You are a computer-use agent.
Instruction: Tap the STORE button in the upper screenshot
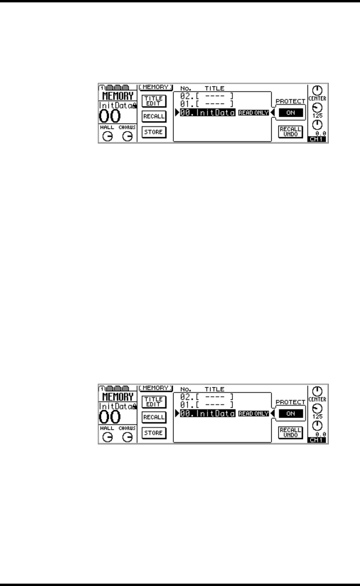point(153,132)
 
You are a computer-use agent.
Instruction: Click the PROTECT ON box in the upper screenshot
point(291,112)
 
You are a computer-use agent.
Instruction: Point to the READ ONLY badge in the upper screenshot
point(253,113)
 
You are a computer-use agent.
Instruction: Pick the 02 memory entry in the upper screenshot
point(205,95)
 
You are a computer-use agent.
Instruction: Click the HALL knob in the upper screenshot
point(107,136)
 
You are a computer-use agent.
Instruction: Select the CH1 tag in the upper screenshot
point(318,139)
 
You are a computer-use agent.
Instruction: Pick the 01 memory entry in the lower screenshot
point(205,404)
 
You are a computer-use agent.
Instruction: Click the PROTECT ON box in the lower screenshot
point(291,413)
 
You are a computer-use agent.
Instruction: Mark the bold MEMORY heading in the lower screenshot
point(117,397)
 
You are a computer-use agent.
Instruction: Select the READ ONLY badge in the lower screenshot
point(253,414)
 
